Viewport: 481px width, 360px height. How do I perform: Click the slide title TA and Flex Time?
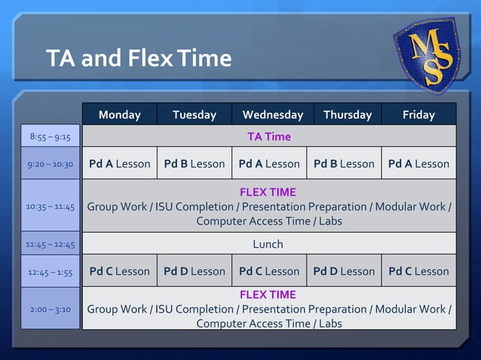click(139, 58)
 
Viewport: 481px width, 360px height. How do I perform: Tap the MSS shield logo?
click(427, 54)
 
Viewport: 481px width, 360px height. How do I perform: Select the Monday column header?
click(119, 114)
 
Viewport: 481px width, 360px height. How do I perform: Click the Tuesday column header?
click(195, 114)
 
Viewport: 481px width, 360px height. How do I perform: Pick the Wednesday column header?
click(272, 114)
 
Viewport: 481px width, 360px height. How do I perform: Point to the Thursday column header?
click(348, 114)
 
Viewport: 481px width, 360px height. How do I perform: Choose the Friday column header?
click(418, 114)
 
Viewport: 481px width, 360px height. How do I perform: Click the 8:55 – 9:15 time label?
click(50, 137)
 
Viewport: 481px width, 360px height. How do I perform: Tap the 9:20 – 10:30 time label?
click(50, 164)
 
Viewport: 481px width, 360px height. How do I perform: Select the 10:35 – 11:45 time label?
click(50, 206)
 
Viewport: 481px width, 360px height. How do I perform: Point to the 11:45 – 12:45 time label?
click(50, 244)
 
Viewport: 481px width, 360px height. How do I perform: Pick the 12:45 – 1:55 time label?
click(50, 272)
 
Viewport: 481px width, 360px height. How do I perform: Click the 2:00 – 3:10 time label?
click(50, 309)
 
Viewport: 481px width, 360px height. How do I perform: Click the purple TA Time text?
click(269, 136)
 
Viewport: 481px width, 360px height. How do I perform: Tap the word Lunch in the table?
click(268, 244)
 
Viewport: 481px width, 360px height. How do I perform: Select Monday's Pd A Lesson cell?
click(119, 163)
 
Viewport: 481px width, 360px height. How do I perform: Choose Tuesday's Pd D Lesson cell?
click(195, 271)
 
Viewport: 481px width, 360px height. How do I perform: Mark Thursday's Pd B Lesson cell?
click(344, 163)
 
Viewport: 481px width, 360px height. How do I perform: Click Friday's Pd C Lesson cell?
click(418, 271)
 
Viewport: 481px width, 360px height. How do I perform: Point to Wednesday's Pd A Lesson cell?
click(269, 163)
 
